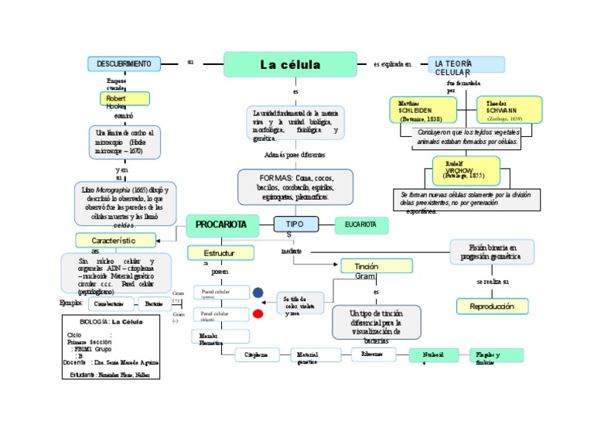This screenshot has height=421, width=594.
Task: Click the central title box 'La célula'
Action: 290,65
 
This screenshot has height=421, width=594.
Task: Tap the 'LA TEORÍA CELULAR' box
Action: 466,65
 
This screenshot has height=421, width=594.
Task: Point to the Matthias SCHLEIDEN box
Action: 422,110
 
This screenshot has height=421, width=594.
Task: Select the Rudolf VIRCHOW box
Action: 466,170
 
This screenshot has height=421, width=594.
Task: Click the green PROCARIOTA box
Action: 220,224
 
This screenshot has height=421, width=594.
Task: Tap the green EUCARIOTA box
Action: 361,224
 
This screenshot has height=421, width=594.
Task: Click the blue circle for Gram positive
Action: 258,293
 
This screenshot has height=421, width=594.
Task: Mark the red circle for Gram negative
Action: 258,313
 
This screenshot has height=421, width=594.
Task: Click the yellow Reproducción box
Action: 492,306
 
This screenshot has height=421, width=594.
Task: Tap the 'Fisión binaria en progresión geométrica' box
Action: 491,251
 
